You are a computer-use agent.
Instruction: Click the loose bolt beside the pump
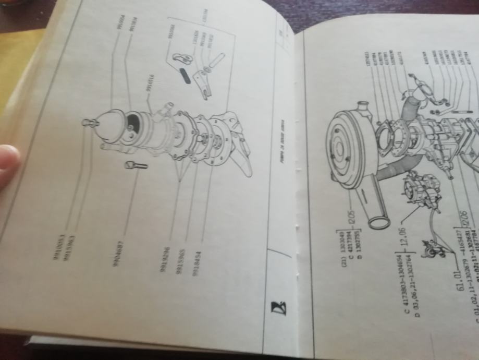135,166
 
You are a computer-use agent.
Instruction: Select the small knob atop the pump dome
88,123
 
